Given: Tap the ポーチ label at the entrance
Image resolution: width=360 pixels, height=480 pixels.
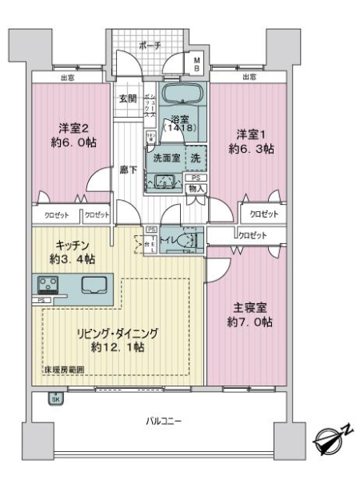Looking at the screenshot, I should (149, 46).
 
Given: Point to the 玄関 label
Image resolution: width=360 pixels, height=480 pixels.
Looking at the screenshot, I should (128, 99).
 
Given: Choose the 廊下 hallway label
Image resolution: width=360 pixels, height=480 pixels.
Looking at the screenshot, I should (127, 169).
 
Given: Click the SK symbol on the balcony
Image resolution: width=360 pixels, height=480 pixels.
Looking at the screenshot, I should (54, 398).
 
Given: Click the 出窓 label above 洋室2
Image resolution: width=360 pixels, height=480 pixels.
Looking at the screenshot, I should (66, 78).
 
